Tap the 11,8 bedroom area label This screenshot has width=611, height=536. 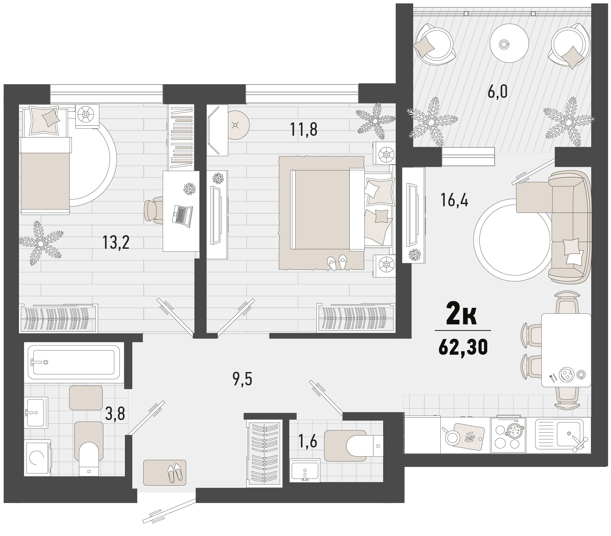point(303,130)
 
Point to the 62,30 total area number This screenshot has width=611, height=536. point(463,348)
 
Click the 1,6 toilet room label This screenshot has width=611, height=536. point(307,441)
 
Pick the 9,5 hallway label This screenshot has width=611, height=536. point(242,379)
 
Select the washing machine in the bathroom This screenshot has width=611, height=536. point(37,457)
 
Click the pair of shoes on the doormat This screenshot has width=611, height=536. point(175,473)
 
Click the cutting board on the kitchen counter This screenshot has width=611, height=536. point(469,437)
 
